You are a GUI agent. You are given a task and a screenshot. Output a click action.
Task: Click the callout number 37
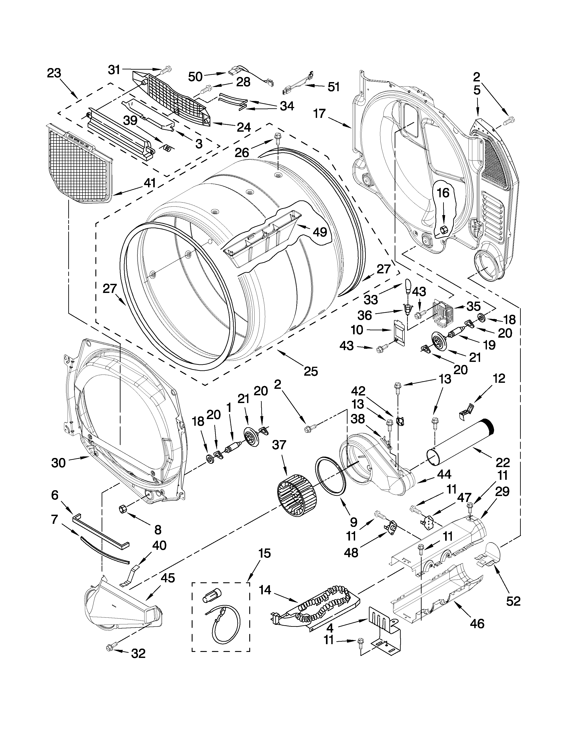279,445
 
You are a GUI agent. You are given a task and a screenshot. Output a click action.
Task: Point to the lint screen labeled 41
80,163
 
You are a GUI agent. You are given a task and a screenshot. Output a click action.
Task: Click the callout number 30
58,463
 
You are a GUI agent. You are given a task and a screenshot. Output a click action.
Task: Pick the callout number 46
477,623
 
